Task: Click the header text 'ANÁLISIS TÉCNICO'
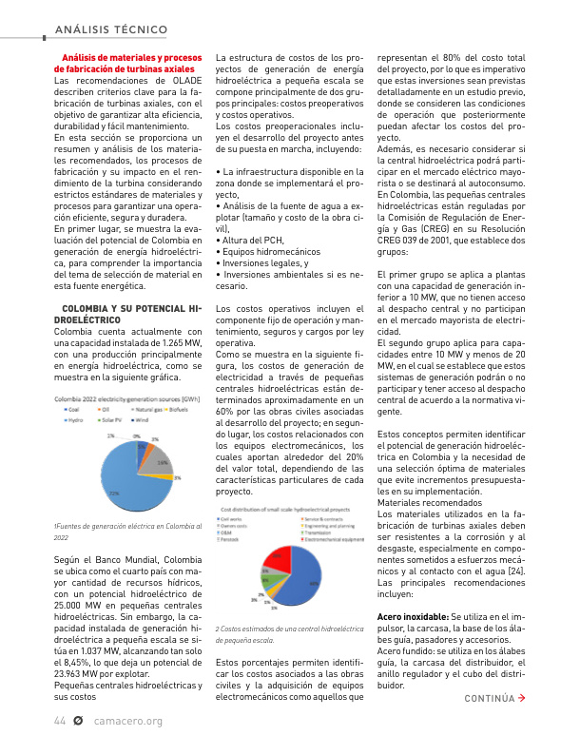(111, 29)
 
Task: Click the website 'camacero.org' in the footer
(128, 721)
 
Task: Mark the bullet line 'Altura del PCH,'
(260, 242)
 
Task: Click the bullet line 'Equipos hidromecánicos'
(270, 253)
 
